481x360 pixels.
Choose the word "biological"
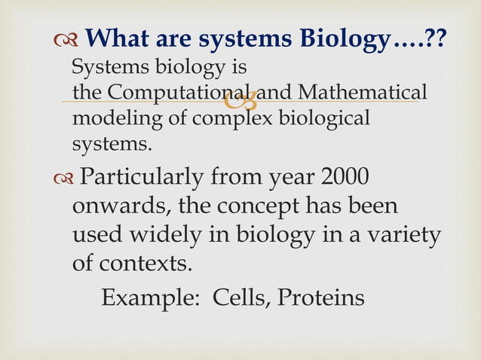tap(324, 119)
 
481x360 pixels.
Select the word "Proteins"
tap(321, 298)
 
